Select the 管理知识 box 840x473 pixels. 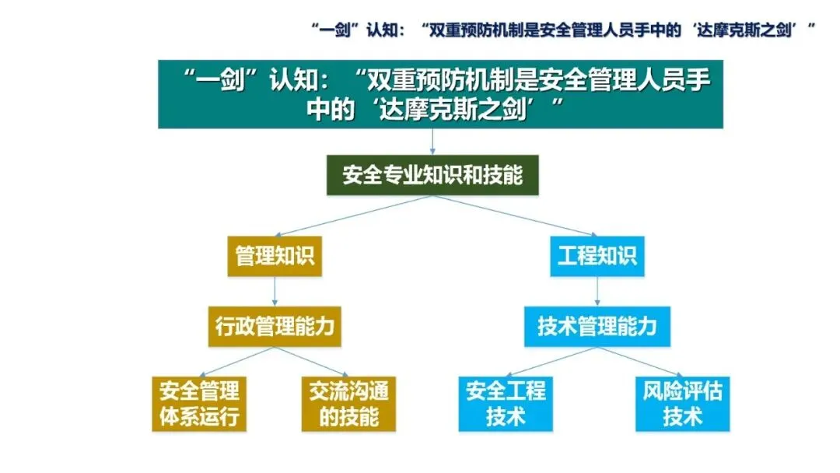275,256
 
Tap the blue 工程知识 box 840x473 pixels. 597,256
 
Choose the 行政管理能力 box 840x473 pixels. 275,325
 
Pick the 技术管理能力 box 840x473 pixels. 597,325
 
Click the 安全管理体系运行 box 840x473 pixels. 199,403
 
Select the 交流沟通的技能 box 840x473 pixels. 348,403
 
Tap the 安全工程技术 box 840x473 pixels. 506,403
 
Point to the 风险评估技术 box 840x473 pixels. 682,403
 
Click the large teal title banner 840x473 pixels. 440,93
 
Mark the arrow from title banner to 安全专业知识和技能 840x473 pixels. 432,140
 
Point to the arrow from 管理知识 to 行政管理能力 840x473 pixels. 275,290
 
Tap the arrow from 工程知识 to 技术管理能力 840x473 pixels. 597,290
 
